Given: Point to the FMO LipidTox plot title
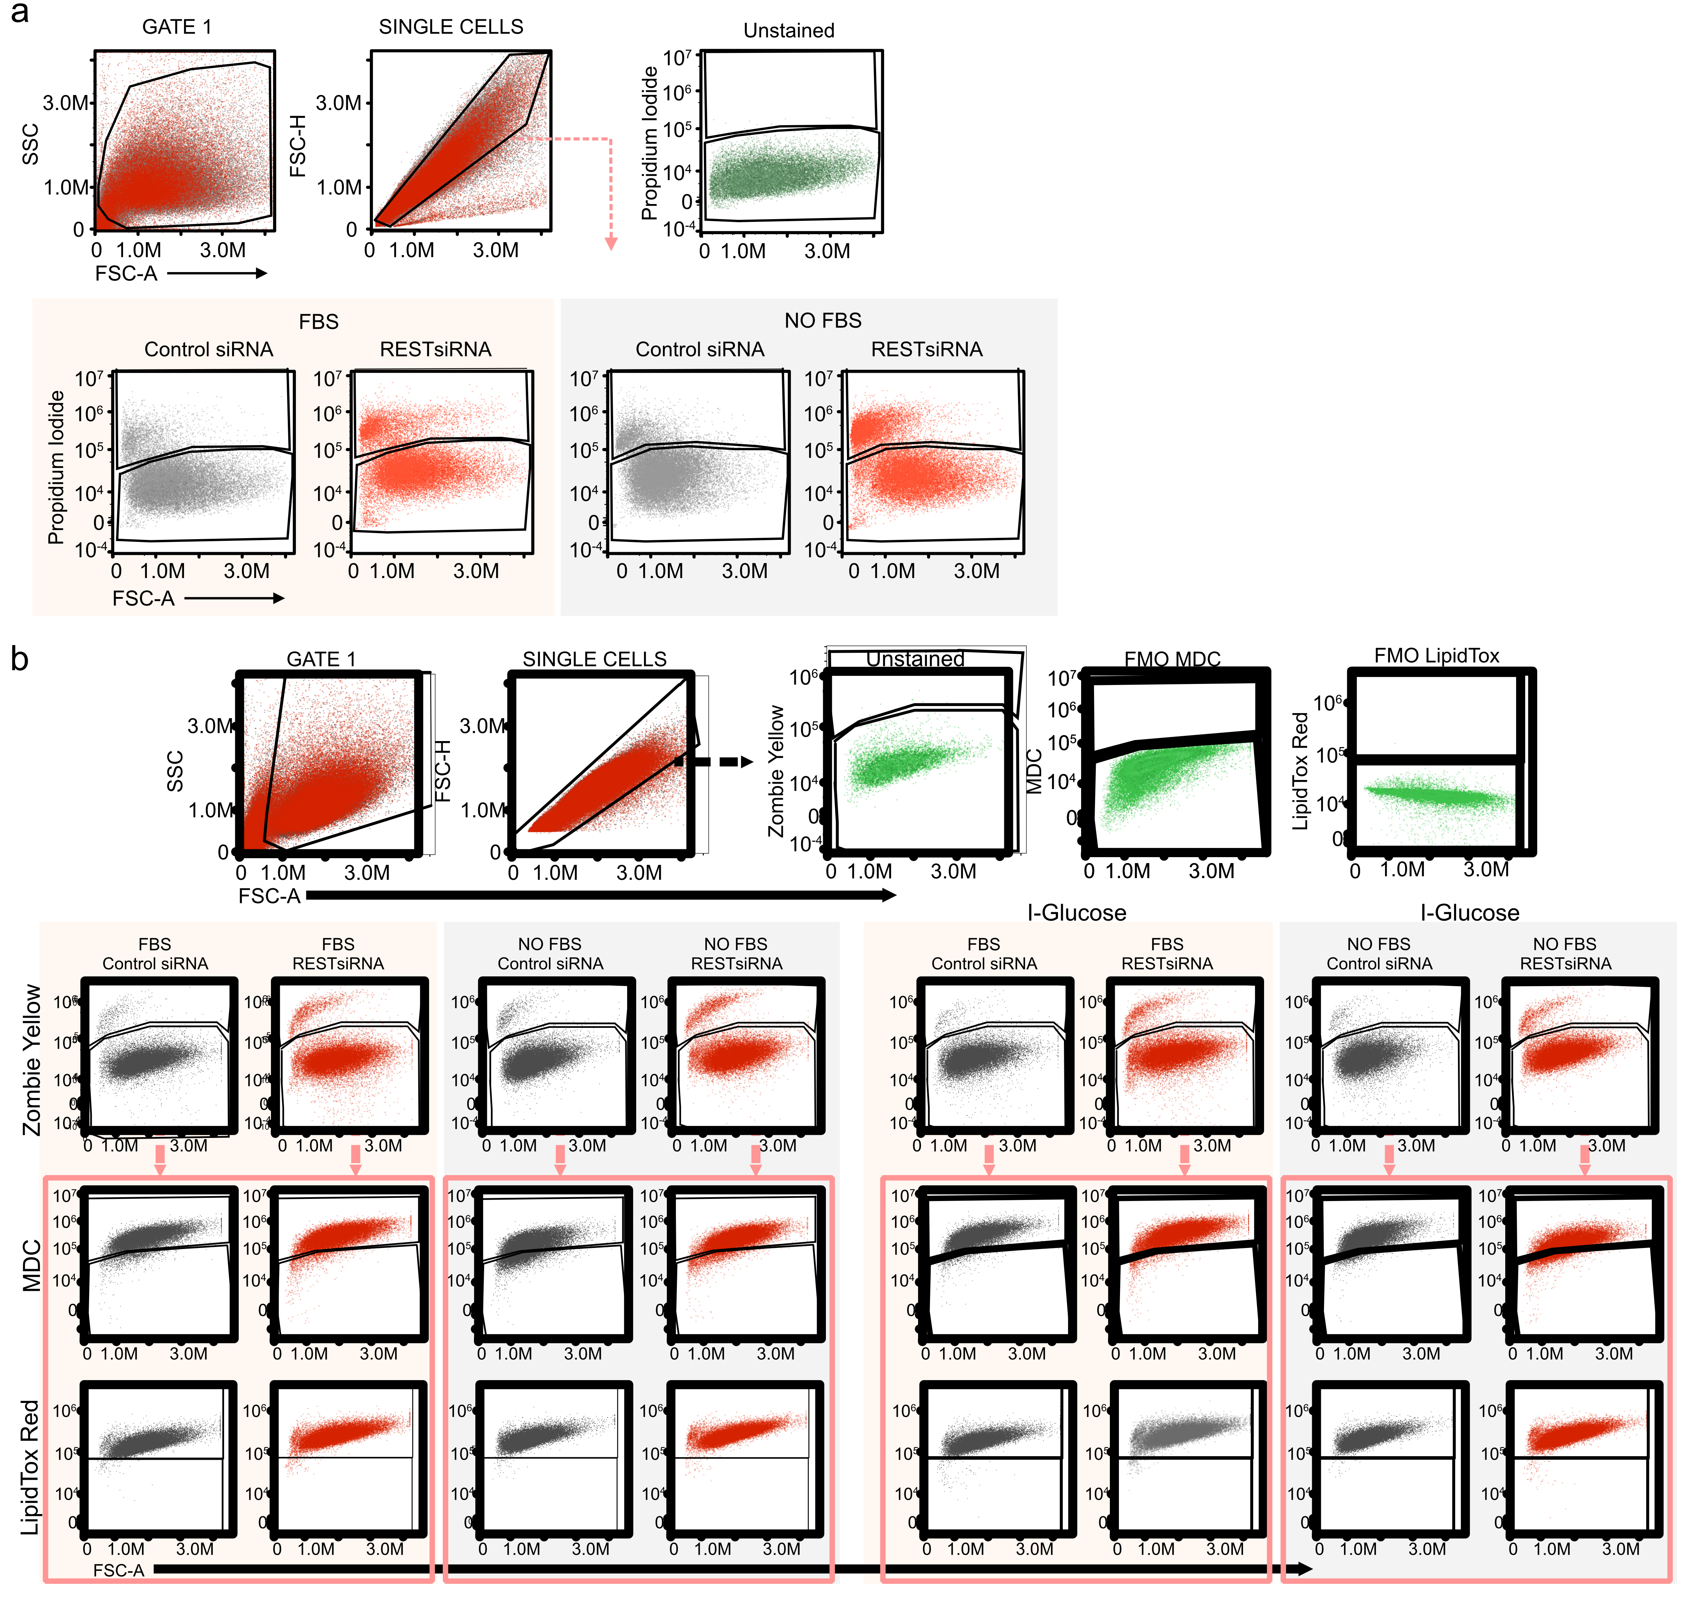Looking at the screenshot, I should coord(1437,656).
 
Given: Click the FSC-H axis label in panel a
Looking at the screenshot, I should coord(298,145).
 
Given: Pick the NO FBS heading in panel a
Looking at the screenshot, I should coord(823,321).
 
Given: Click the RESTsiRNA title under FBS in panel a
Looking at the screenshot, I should coord(435,349).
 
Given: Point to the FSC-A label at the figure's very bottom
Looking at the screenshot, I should coord(118,1570).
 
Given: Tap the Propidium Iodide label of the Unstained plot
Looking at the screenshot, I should coord(650,143).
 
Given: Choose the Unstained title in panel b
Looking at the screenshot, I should coord(915,659).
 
